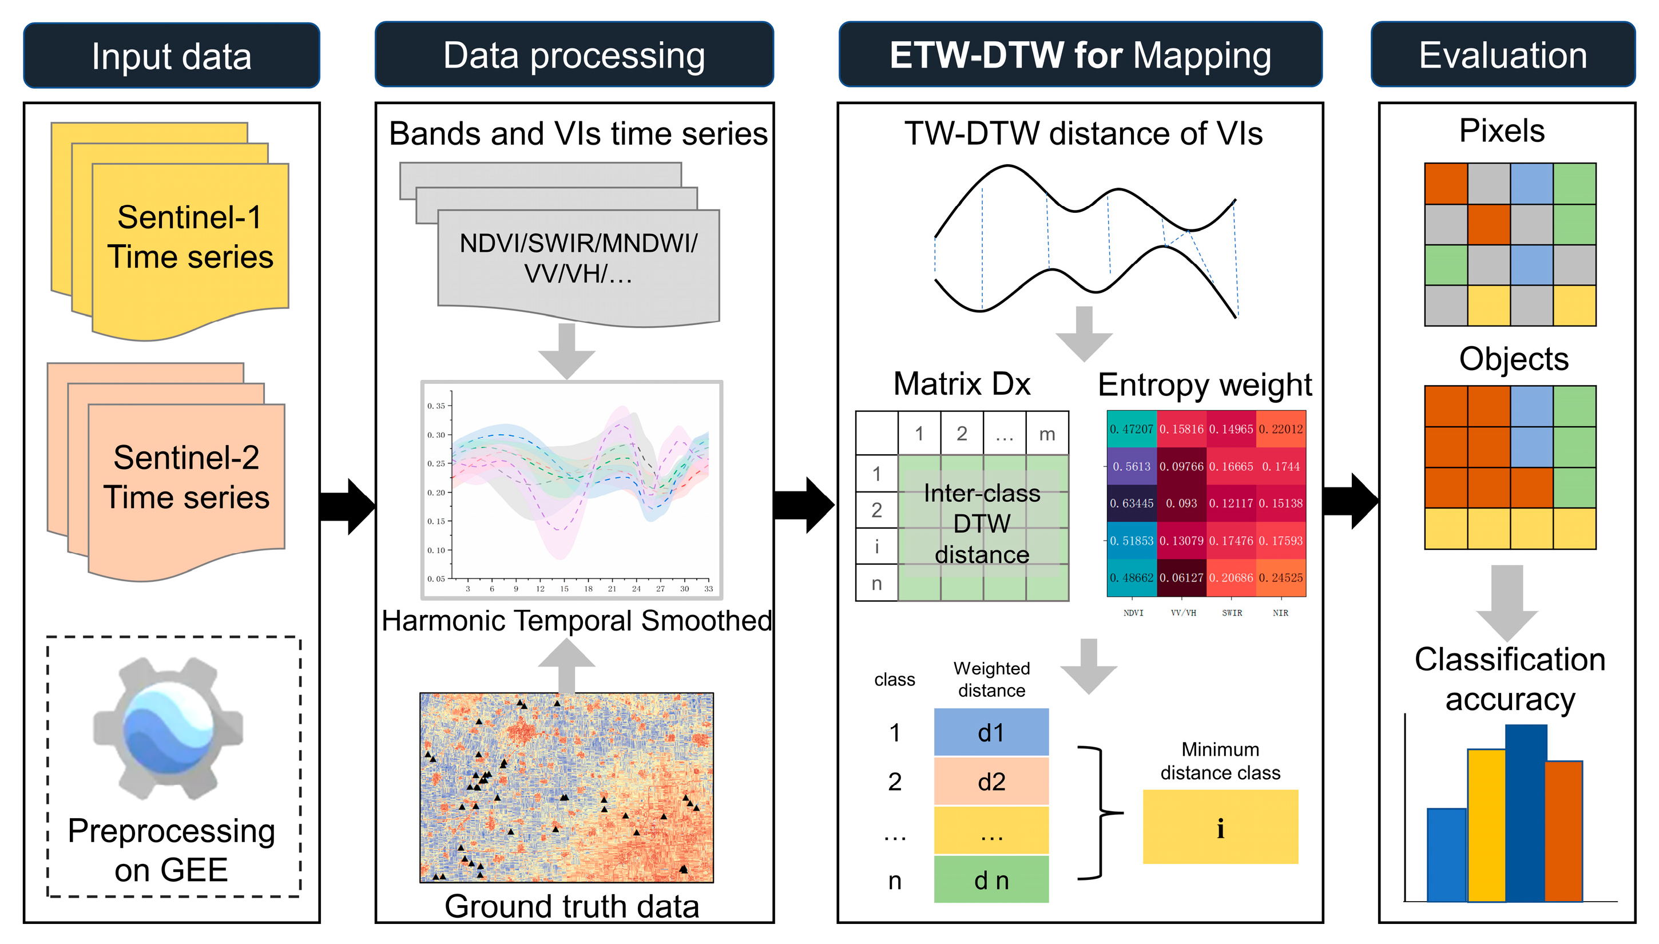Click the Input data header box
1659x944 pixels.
[x=171, y=55]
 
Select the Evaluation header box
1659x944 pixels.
[x=1502, y=55]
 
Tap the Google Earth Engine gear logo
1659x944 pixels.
[x=168, y=729]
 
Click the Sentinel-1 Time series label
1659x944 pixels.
[x=190, y=237]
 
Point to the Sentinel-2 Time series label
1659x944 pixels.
[x=186, y=477]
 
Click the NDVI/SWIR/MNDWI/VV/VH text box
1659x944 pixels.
[x=578, y=258]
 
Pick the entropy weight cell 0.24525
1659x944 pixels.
[x=1280, y=578]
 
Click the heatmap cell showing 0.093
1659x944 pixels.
[x=1181, y=503]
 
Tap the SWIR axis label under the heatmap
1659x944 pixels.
[x=1232, y=613]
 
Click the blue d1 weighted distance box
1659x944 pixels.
[x=991, y=733]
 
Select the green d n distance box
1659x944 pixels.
[x=991, y=880]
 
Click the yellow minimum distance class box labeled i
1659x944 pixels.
[x=1220, y=827]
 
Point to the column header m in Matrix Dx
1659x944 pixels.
[x=1046, y=433]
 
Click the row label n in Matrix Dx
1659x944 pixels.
[x=876, y=584]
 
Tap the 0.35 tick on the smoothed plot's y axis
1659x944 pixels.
[x=436, y=406]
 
